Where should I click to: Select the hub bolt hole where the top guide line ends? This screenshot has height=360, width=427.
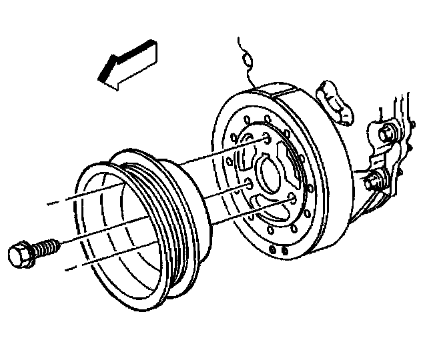click(x=266, y=139)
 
